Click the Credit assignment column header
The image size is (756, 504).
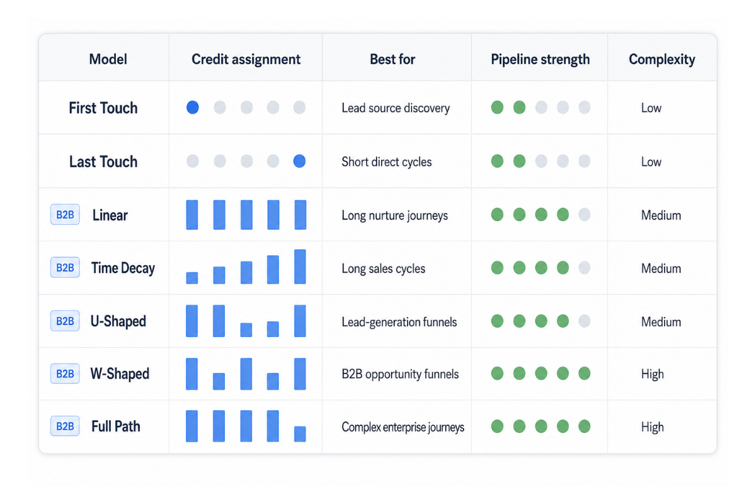246,59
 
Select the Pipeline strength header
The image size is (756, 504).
540,59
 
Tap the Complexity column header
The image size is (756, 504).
661,59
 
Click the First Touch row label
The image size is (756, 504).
103,108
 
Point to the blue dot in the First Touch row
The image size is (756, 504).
193,107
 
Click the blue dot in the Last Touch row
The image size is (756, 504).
299,161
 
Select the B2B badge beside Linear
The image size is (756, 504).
65,214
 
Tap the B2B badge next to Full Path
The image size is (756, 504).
65,426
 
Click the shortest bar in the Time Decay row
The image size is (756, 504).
192,278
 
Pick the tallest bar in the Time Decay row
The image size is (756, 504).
300,266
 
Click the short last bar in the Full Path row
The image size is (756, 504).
300,434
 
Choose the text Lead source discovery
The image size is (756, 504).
396,108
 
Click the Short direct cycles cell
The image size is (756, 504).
386,162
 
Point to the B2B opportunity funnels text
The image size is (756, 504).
400,374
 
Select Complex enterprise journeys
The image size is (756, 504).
403,427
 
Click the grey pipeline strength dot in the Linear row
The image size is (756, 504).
584,214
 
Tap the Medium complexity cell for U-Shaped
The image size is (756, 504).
661,322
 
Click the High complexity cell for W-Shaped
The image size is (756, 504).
653,374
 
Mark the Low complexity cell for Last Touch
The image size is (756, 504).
651,162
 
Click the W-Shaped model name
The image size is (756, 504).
120,374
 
